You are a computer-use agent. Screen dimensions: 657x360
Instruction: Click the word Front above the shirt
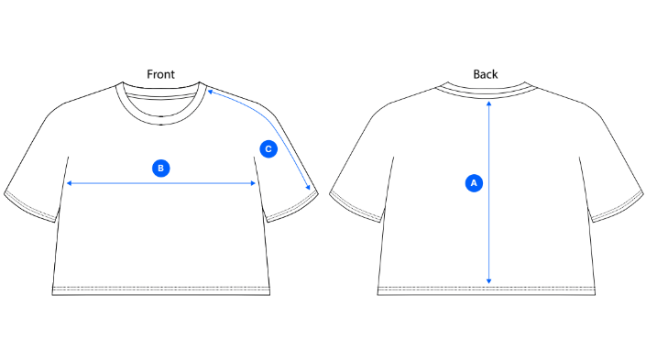[160, 74]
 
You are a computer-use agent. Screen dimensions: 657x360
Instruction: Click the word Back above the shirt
[486, 74]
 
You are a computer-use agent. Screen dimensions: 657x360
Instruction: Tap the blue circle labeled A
[474, 183]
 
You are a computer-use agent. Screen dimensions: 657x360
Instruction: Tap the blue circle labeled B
[161, 168]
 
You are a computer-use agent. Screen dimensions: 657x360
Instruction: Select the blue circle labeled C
[268, 148]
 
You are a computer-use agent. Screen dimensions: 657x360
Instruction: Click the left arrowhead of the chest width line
[69, 183]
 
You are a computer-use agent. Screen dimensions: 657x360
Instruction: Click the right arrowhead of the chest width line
[253, 183]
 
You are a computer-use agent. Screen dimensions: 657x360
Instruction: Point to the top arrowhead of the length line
[489, 104]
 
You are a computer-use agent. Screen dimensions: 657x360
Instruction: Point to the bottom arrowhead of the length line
[489, 281]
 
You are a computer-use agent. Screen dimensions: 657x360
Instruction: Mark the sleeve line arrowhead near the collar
[210, 91]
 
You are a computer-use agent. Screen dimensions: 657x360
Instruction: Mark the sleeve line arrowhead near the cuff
[309, 188]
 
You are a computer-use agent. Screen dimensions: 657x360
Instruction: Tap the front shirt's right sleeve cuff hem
[292, 209]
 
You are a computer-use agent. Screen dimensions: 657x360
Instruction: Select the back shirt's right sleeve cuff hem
[618, 209]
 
